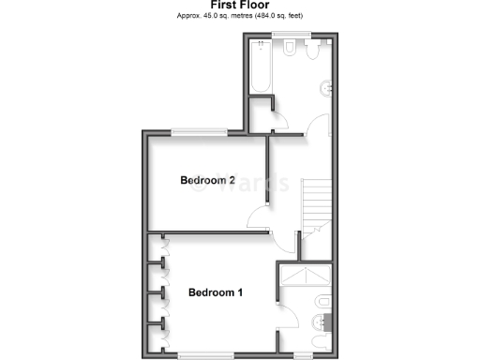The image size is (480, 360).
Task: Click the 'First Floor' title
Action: point(239,6)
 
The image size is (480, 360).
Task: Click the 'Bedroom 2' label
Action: point(207,180)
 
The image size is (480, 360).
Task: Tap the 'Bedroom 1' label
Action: point(216,292)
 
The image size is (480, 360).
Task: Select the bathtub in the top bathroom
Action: point(261,67)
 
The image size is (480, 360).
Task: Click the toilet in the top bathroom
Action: point(292,48)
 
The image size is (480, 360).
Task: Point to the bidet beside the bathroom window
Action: point(312,49)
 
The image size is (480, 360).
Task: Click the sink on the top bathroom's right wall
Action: point(326,89)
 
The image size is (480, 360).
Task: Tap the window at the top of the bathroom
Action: point(286,37)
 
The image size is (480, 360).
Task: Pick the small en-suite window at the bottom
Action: point(303,354)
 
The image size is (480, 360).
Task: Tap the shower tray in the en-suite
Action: point(306,277)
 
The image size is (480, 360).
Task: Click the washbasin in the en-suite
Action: point(322,302)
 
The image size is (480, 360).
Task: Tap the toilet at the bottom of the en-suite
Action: point(320,324)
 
